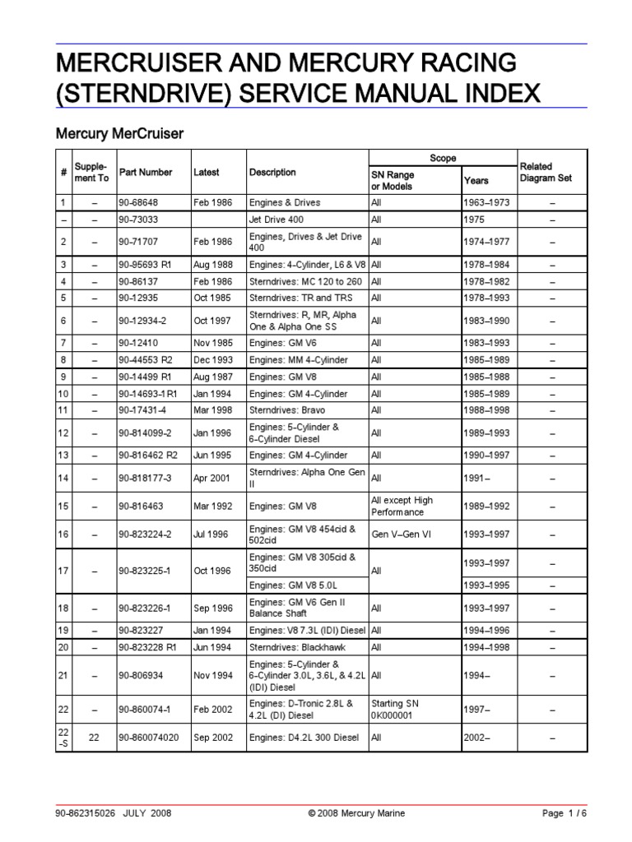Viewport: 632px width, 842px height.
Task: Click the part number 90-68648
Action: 137,202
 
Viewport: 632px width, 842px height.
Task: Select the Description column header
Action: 272,173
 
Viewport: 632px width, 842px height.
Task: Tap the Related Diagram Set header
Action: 546,172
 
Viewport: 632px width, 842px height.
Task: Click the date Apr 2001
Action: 211,479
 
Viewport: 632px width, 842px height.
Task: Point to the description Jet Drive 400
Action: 277,220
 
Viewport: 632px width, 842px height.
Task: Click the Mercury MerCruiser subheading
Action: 118,132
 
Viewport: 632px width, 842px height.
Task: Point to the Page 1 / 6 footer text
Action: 565,813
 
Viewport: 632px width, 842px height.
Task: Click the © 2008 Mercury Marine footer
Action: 356,813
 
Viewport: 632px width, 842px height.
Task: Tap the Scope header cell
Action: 443,158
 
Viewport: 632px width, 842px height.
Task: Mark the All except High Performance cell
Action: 402,506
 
